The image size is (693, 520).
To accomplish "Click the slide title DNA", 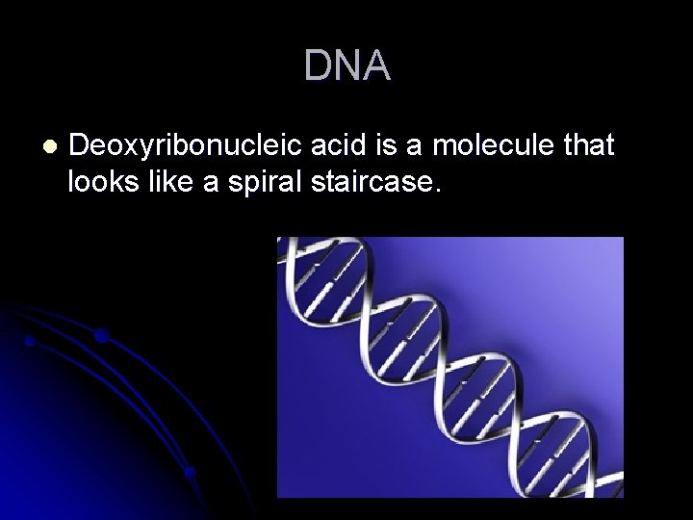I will [346, 66].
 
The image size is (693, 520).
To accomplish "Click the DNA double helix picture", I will [449, 367].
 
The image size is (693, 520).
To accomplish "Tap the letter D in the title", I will [318, 66].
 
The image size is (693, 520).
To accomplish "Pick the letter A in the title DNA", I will [376, 66].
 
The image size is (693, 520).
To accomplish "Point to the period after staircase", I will [439, 190].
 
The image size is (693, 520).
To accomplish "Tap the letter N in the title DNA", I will [346, 66].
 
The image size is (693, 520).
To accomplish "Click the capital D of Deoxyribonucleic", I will [80, 146].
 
